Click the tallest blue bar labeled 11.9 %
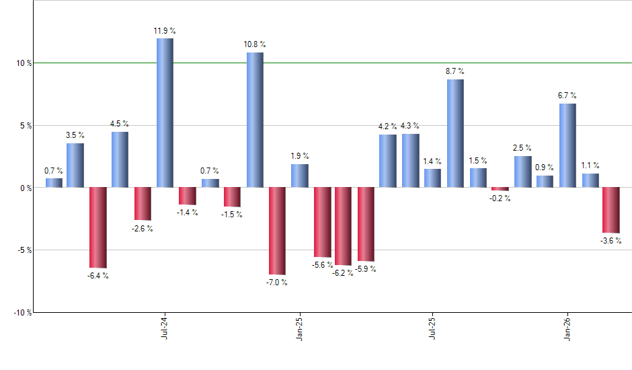165,113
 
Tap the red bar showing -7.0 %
277,231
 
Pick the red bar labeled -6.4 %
97,227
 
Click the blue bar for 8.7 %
455,133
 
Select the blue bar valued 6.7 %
567,145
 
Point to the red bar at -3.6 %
611,210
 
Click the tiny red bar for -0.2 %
500,189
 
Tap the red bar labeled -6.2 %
343,226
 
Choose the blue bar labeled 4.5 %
120,159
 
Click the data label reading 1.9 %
300,157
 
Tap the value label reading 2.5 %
522,148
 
